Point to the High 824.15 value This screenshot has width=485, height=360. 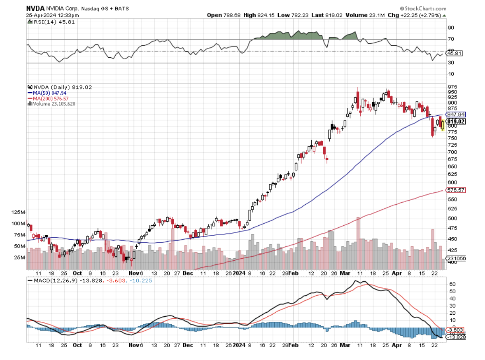255,15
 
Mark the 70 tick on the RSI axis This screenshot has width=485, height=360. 451,39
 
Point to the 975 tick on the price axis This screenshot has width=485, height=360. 452,86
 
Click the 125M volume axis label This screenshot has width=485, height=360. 19,212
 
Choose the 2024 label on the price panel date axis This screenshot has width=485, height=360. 239,273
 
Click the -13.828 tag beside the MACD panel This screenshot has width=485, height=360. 456,337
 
